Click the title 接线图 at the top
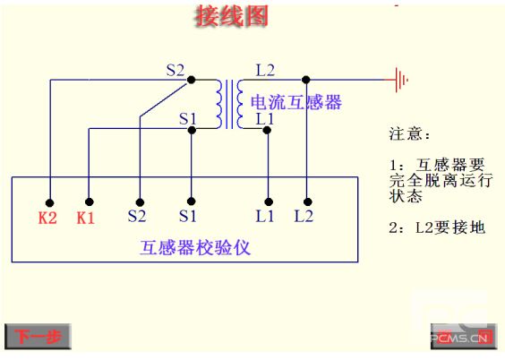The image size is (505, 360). [x=231, y=16]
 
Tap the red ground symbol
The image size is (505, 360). [x=398, y=79]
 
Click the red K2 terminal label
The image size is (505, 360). [x=47, y=218]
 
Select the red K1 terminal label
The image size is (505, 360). [x=85, y=218]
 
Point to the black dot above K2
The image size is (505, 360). [x=49, y=202]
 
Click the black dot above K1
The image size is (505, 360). [x=90, y=201]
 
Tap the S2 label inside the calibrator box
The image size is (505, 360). [x=137, y=216]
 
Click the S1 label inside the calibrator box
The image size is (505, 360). [x=187, y=216]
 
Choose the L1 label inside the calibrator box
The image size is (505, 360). [x=264, y=216]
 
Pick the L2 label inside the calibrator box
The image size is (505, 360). [x=304, y=216]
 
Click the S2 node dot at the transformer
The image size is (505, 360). [x=192, y=79]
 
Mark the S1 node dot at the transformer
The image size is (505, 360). [x=192, y=130]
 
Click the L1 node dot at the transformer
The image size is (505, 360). [x=267, y=130]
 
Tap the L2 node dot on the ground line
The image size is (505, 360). [x=306, y=79]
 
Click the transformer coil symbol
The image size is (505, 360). [x=229, y=104]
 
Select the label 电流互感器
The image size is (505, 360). [x=296, y=102]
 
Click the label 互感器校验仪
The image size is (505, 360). [x=195, y=248]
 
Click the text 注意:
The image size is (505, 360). [x=409, y=134]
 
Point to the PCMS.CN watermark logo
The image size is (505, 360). [x=463, y=337]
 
